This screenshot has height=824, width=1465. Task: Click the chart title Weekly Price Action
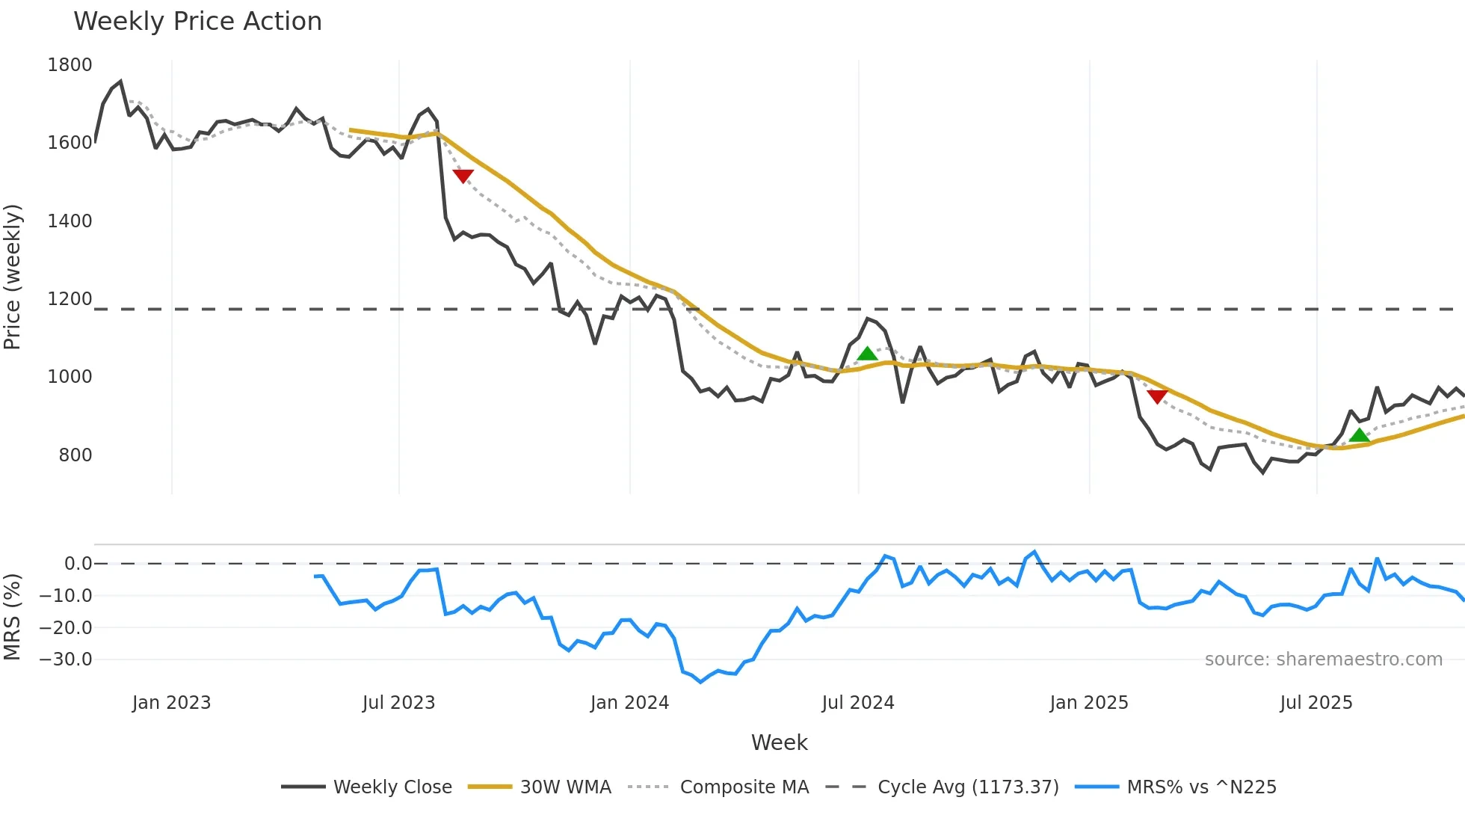[197, 22]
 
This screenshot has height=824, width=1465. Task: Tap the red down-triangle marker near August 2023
[463, 176]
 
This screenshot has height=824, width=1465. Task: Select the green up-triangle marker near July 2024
[867, 354]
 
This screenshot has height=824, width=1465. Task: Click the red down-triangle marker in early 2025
[1157, 396]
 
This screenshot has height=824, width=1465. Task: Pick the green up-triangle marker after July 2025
[1360, 435]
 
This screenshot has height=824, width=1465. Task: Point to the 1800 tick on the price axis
[70, 65]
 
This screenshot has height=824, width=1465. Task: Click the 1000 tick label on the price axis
[70, 377]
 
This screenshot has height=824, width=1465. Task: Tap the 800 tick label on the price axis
[75, 455]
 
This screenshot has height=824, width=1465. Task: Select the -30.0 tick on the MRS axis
[66, 659]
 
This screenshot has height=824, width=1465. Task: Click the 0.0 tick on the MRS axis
[78, 564]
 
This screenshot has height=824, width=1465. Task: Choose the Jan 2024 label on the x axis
[629, 703]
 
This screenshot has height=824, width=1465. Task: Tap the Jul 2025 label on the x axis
[1316, 703]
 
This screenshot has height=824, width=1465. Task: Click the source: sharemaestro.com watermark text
[1323, 659]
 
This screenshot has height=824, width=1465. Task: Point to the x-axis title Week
[779, 742]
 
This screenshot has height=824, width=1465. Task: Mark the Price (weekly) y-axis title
[13, 277]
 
